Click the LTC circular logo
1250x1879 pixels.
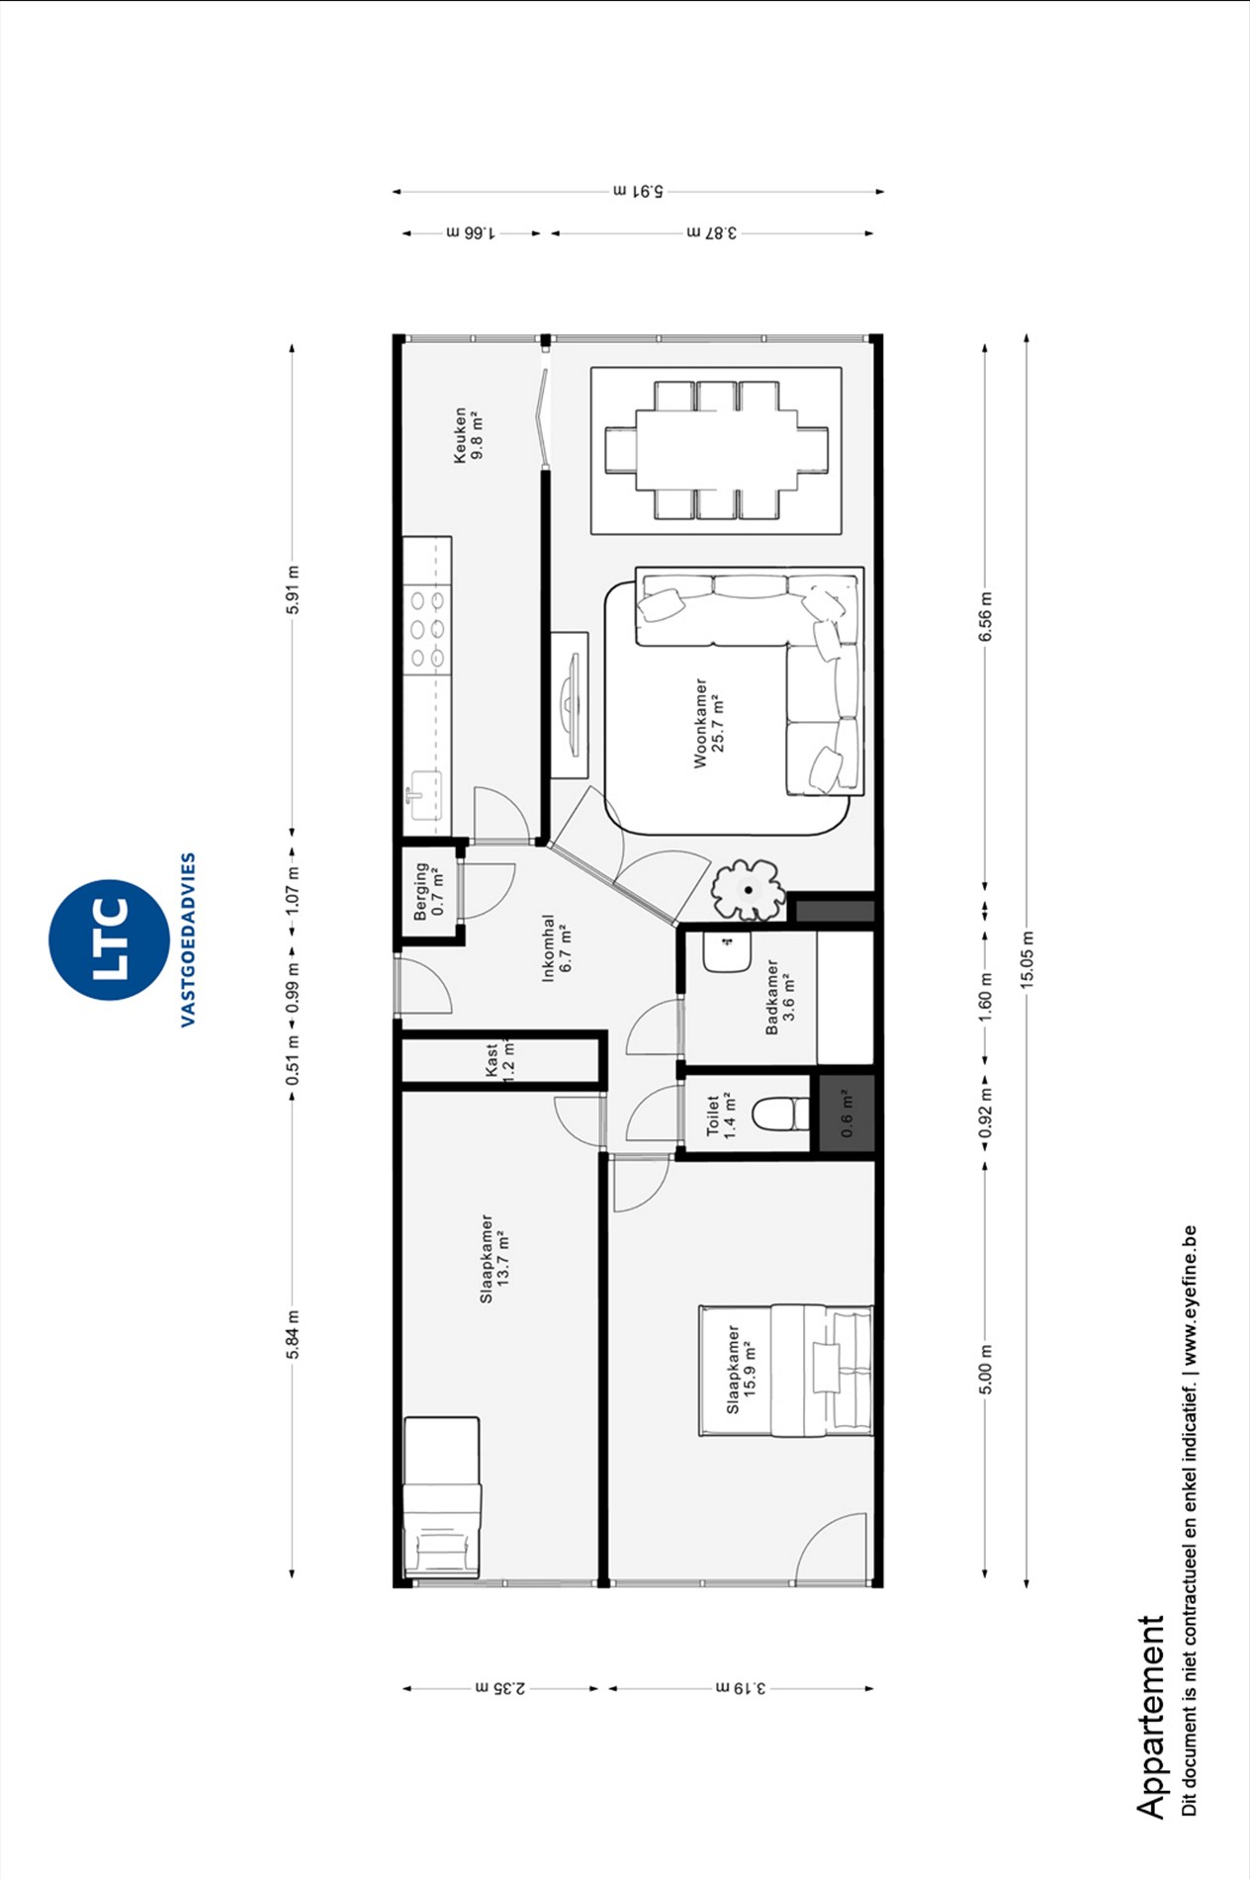[x=109, y=939]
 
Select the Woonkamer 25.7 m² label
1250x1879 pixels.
[x=709, y=723]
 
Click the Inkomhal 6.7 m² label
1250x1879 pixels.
[x=557, y=948]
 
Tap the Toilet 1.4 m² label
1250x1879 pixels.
[x=721, y=1116]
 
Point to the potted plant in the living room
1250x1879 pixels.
[x=748, y=889]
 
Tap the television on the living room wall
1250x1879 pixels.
[x=571, y=704]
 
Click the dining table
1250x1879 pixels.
[x=717, y=450]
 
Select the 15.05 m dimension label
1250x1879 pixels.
[x=1027, y=959]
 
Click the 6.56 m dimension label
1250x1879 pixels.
[x=985, y=616]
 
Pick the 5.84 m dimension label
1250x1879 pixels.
[x=293, y=1335]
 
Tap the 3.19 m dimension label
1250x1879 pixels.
[x=741, y=1687]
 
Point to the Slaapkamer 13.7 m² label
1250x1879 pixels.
[x=494, y=1258]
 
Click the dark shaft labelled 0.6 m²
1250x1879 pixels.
[x=847, y=1114]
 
